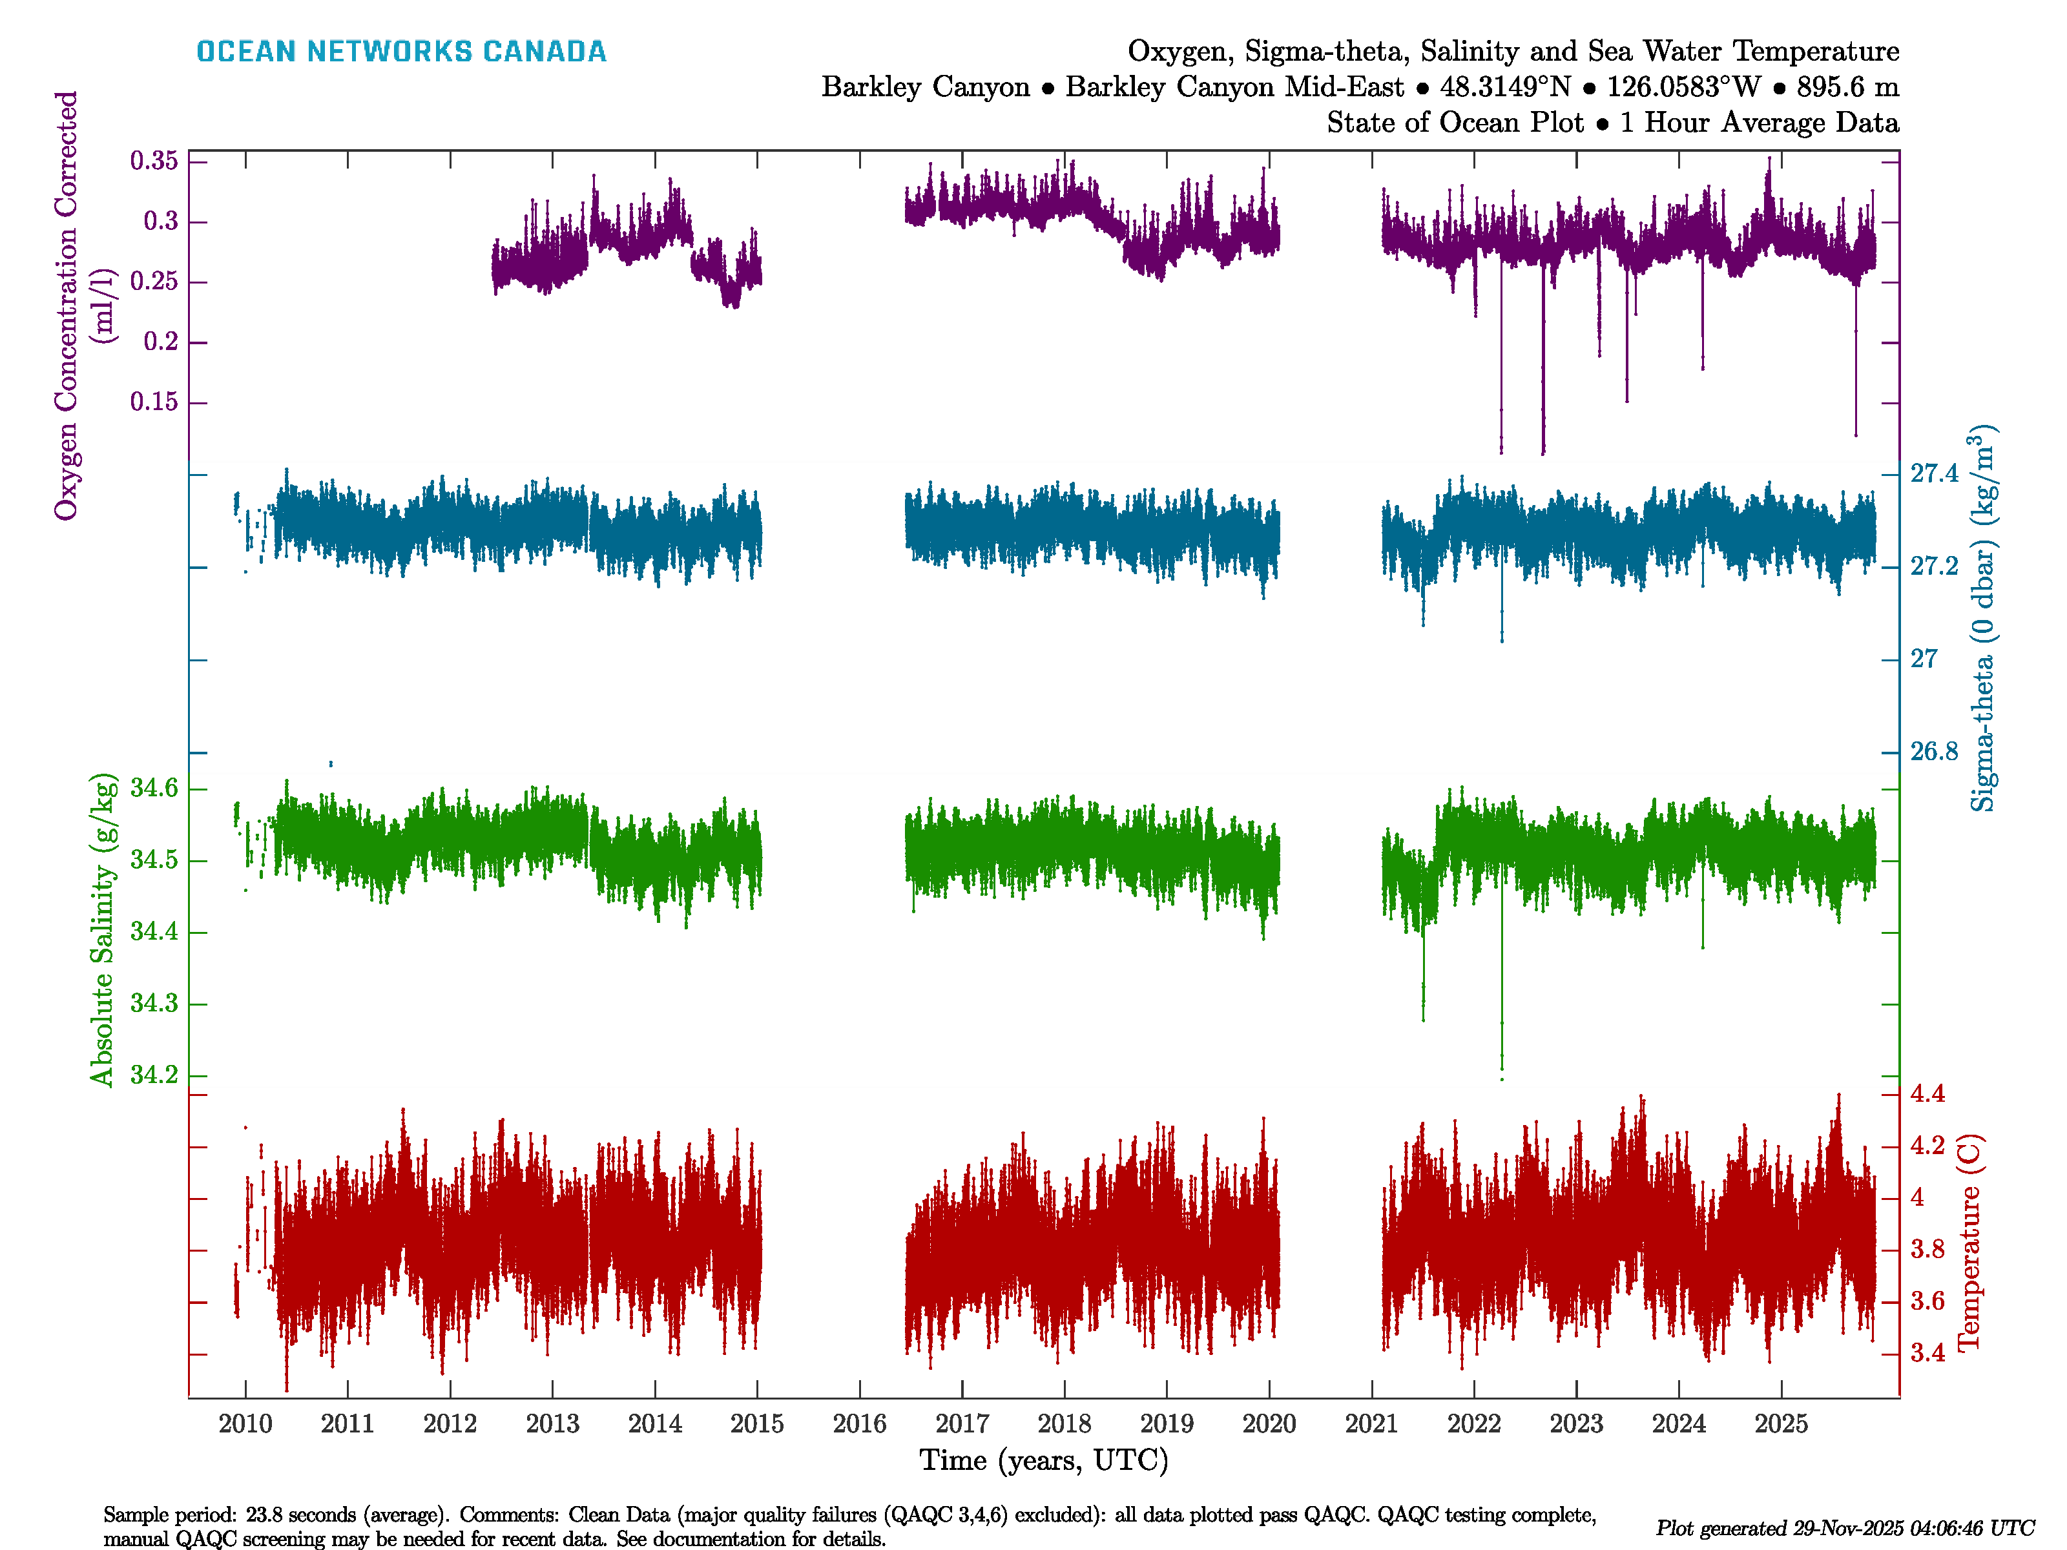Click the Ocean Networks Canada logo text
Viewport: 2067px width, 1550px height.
(401, 52)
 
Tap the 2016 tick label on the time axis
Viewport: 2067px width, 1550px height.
(858, 1424)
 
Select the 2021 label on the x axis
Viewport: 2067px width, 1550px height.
(1371, 1424)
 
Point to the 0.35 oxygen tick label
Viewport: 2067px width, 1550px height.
(154, 161)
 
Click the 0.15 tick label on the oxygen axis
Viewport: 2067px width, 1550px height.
(154, 402)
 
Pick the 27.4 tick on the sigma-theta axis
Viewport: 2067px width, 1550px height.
(1933, 473)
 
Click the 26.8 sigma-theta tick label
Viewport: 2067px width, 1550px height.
(1933, 751)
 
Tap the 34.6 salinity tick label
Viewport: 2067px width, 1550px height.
(154, 788)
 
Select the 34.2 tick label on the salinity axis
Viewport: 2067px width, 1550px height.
(154, 1075)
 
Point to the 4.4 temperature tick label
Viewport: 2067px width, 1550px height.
(1927, 1093)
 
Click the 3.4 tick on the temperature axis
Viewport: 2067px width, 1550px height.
(1927, 1353)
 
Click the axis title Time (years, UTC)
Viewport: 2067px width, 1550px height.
(1044, 1460)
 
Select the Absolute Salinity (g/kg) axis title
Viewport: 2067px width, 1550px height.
(103, 929)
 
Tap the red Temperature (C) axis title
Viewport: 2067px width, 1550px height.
(1969, 1243)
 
